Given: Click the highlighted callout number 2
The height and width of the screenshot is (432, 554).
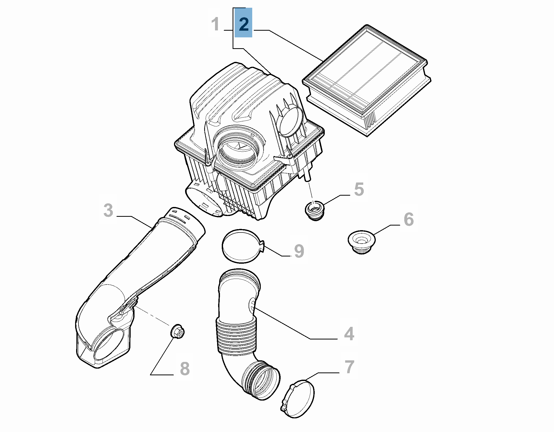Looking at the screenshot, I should [x=243, y=24].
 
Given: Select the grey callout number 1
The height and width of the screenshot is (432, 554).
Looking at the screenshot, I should [x=216, y=24].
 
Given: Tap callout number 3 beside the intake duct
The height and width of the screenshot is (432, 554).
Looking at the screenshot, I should [x=108, y=210].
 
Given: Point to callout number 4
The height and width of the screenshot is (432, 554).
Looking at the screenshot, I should [x=349, y=334].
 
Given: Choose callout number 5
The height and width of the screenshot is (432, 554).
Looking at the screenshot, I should [x=359, y=189].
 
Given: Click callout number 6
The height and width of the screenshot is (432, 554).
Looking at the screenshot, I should [x=408, y=220].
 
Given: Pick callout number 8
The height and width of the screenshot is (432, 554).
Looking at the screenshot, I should [x=185, y=369].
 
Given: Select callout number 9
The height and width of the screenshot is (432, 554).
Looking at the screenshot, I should [x=299, y=251].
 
